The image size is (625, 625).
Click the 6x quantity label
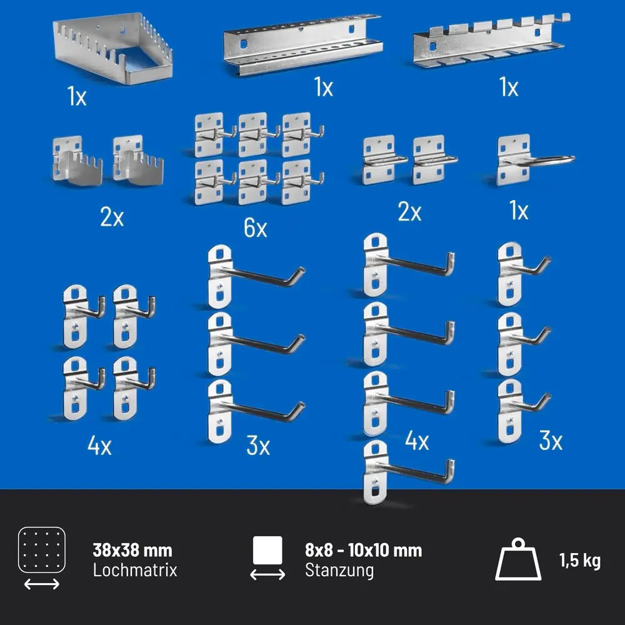click(256, 228)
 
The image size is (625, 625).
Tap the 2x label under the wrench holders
click(112, 217)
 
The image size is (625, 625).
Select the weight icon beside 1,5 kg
click(517, 559)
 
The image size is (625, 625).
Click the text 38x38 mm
click(132, 551)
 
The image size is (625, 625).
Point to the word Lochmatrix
click(135, 570)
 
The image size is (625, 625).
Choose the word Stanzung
click(339, 571)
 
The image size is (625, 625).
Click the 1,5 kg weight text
click(580, 561)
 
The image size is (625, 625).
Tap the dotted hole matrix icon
click(42, 550)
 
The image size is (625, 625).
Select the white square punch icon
click(267, 551)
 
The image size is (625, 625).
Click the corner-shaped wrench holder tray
click(112, 48)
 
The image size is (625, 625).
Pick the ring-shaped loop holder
click(534, 160)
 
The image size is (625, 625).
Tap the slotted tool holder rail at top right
click(491, 41)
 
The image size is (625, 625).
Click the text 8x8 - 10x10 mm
click(364, 551)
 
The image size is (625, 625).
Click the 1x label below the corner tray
click(76, 96)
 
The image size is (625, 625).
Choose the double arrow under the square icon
click(267, 574)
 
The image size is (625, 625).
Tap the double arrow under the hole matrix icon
click(42, 584)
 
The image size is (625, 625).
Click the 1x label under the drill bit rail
click(323, 87)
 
